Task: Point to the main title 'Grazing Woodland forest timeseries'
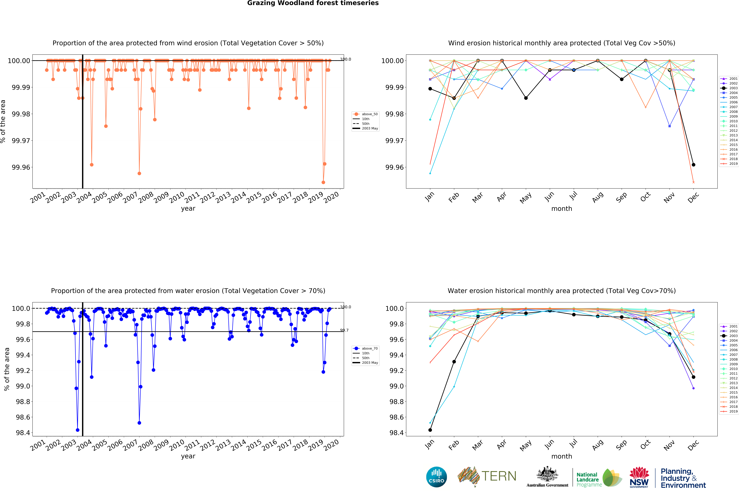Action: (x=313, y=3)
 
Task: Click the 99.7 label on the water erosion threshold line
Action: (x=344, y=330)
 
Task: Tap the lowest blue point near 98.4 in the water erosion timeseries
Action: (x=78, y=430)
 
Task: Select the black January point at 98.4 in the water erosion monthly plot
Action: (x=430, y=430)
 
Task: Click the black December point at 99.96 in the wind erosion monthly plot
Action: (x=693, y=165)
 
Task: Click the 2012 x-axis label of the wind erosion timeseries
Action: (x=208, y=198)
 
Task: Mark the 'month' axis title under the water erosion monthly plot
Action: (x=561, y=456)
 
